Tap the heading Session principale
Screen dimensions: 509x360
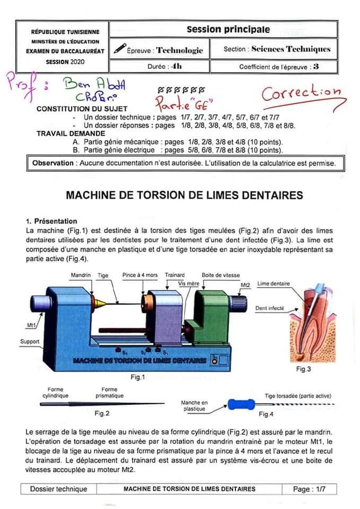[x=228, y=30]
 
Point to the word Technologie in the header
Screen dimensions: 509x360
[x=179, y=50]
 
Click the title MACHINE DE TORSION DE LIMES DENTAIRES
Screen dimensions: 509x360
[x=185, y=195]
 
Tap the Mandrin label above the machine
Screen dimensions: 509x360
[x=81, y=276]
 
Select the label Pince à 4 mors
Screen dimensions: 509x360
[x=140, y=276]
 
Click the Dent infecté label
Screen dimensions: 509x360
[x=270, y=308]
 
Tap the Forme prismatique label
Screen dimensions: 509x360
[x=110, y=392]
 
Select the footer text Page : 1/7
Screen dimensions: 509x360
[x=310, y=489]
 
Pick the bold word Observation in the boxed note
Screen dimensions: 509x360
[x=53, y=163]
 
